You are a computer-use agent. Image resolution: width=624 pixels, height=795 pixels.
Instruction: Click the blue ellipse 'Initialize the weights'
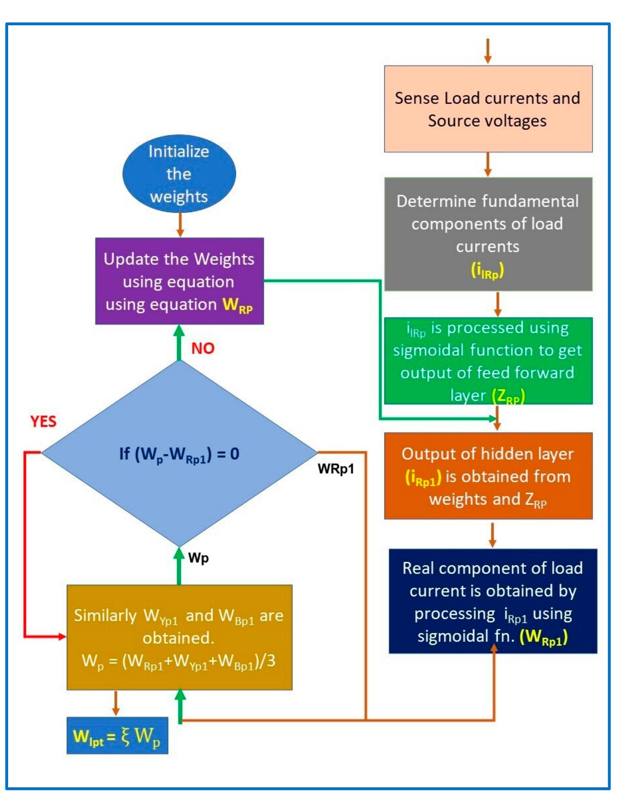click(x=179, y=174)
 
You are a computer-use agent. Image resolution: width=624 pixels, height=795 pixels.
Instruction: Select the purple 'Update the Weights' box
click(x=179, y=281)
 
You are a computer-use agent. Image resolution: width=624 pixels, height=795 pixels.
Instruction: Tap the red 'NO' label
click(x=203, y=348)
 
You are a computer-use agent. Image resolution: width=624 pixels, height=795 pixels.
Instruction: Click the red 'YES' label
click(x=43, y=421)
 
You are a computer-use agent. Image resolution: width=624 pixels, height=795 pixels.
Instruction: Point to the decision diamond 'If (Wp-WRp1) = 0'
click(x=179, y=453)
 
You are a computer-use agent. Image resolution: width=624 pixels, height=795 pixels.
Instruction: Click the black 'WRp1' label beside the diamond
click(x=336, y=469)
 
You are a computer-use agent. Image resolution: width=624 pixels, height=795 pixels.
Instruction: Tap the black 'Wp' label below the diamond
click(x=199, y=558)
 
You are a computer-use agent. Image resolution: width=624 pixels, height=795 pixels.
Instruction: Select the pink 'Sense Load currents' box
click(x=488, y=109)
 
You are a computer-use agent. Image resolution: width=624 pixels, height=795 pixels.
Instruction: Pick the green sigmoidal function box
click(x=488, y=361)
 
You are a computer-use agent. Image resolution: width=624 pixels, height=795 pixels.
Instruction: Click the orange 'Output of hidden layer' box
click(x=488, y=476)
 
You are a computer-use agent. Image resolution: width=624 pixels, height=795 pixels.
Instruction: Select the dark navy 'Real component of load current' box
click(x=493, y=601)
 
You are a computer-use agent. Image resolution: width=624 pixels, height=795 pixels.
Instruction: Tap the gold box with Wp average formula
click(x=179, y=638)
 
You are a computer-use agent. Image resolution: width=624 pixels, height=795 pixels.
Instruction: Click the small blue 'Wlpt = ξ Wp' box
click(x=117, y=736)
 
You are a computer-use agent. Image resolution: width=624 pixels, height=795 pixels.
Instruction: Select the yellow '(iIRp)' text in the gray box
click(x=487, y=271)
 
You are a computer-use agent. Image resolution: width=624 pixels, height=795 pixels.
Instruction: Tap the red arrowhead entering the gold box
click(x=62, y=637)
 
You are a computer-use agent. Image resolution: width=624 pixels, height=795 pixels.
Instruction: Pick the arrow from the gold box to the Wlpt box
click(x=116, y=703)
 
